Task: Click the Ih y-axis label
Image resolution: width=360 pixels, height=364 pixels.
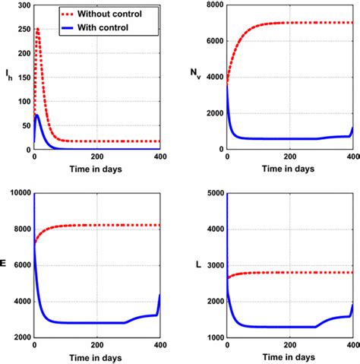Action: (x=8, y=74)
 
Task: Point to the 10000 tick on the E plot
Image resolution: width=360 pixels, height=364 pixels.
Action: (x=18, y=194)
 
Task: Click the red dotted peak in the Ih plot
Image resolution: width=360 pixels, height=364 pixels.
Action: (x=37, y=30)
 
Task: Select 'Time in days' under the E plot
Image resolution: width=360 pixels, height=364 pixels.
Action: (x=97, y=359)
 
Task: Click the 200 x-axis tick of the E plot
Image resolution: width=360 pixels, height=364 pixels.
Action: (x=97, y=346)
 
